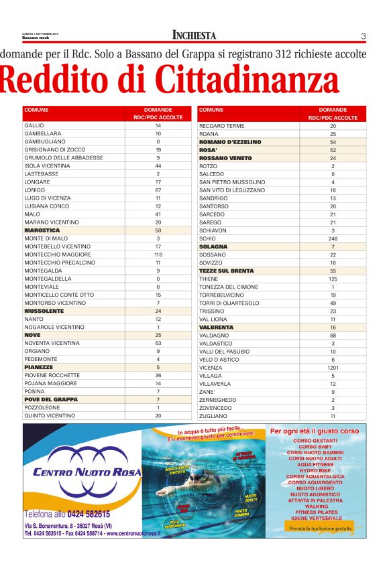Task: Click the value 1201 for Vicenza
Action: point(333,368)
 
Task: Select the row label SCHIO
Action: point(207,238)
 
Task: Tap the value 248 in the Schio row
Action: point(333,238)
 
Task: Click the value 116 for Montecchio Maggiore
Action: point(158,255)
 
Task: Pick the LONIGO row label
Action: point(34,190)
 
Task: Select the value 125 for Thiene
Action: point(333,279)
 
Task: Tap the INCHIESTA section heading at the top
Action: point(194,36)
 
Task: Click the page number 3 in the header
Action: point(363,36)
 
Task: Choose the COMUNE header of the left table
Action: point(36,110)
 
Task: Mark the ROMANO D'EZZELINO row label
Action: point(230,142)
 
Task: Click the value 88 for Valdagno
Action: point(333,336)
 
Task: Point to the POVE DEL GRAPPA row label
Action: point(51,400)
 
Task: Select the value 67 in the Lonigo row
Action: point(158,190)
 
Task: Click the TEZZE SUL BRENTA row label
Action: point(226,271)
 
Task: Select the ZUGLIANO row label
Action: point(213,416)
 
